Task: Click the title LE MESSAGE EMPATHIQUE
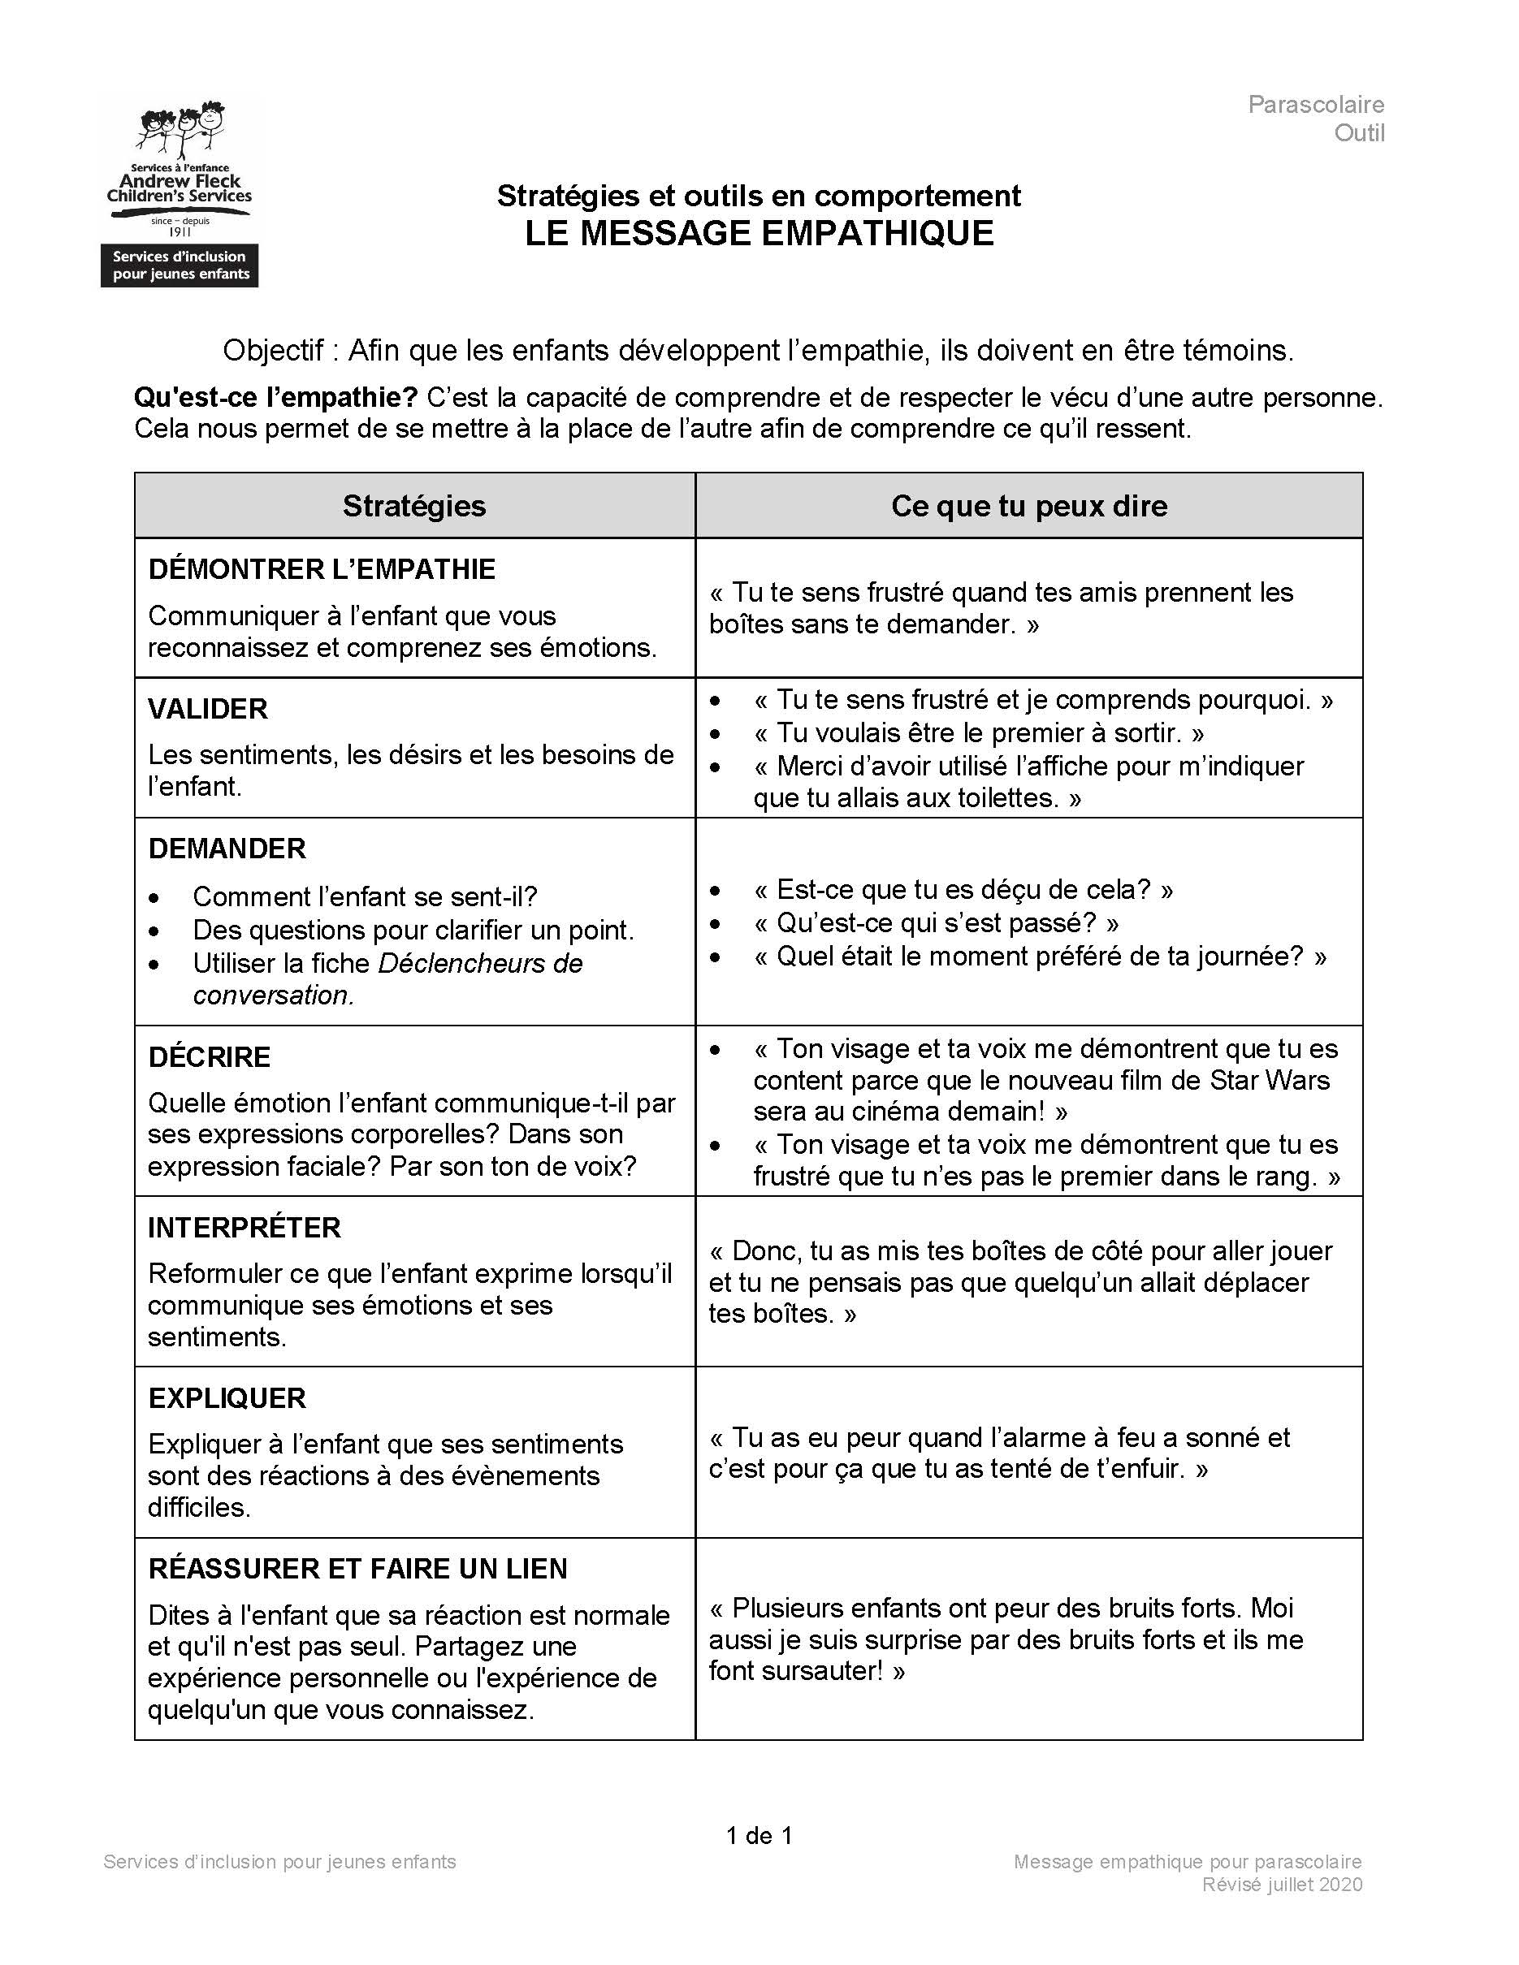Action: coord(759,233)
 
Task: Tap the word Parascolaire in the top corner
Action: coord(1315,105)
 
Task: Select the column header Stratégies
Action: coord(414,506)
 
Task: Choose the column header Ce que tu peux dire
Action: coord(1028,506)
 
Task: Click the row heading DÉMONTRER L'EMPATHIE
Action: coord(321,569)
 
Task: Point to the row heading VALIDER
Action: coord(208,709)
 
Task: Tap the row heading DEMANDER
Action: coord(227,849)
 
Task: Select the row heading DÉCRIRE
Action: coord(209,1057)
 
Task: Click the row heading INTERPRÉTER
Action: coord(244,1227)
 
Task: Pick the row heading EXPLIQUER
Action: coord(227,1398)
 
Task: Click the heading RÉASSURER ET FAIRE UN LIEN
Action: coord(357,1569)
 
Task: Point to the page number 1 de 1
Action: coord(759,1835)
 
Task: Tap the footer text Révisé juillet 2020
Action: coord(1282,1884)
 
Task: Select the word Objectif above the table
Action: coord(274,350)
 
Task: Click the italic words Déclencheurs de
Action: coord(479,963)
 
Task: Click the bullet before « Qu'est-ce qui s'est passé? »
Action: coord(716,924)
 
